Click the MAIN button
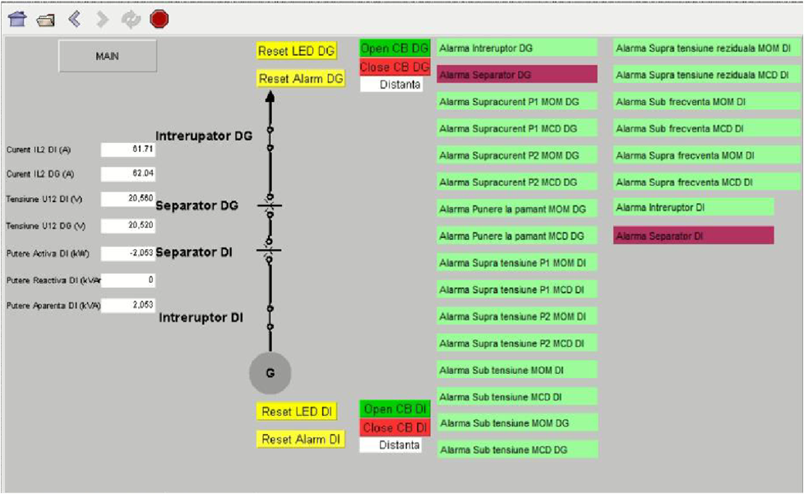click(107, 56)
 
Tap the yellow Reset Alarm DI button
click(300, 439)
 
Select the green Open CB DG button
click(395, 48)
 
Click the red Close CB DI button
click(395, 427)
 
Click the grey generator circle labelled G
click(270, 373)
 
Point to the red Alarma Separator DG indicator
click(516, 75)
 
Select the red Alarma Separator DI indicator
click(693, 236)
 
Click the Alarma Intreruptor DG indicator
click(516, 48)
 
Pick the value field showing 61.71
click(128, 150)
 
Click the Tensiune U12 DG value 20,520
click(128, 224)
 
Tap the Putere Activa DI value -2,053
click(128, 252)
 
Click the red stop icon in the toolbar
click(159, 19)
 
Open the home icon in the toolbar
click(17, 19)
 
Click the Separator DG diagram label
click(197, 205)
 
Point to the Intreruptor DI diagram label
click(201, 317)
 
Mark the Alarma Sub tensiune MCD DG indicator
click(516, 450)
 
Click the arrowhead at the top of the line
click(270, 96)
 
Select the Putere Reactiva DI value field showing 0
click(128, 279)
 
